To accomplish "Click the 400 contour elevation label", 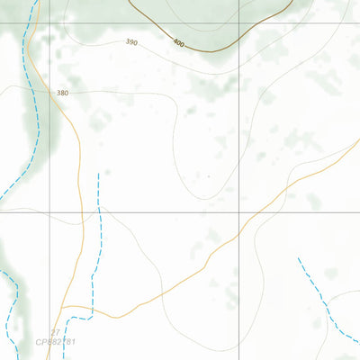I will pos(177,43).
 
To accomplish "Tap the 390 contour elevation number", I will pos(132,42).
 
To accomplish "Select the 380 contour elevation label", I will pos(62,93).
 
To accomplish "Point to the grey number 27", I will pos(55,333).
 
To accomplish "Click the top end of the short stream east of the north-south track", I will pos(98,174).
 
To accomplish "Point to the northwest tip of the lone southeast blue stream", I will pos(298,258).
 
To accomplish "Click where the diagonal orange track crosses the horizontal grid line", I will pos(256,211).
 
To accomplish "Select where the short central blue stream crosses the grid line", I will pos(99,211).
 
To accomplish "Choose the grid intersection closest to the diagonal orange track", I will pos(239,211).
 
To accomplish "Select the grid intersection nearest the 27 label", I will pos(50,211).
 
